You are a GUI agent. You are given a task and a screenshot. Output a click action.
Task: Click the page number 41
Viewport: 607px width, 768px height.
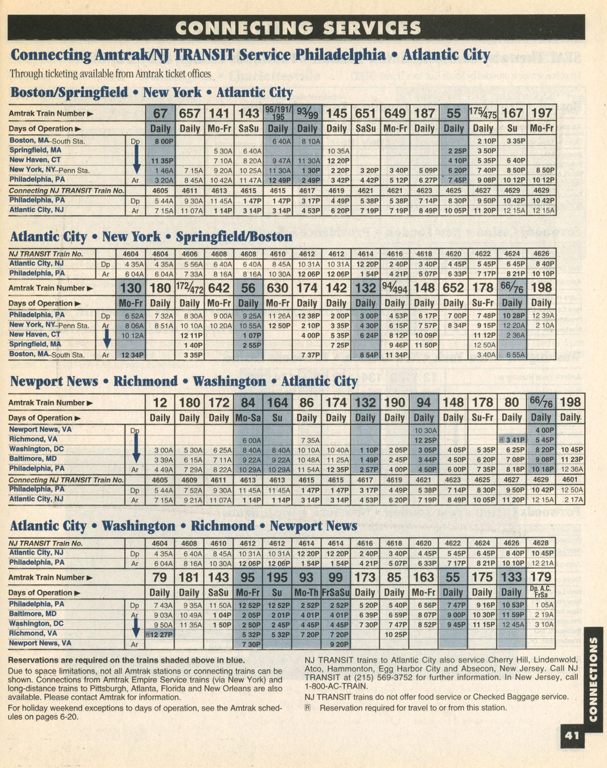(x=571, y=736)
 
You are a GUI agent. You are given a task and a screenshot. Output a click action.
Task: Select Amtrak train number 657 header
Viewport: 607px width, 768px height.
(x=190, y=113)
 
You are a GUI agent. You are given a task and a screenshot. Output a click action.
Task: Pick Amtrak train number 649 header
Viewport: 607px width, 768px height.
(x=395, y=113)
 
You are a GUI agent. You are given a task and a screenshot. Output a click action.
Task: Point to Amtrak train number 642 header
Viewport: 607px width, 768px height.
(x=219, y=288)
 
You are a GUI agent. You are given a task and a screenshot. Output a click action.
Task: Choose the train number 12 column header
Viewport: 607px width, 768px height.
(x=160, y=402)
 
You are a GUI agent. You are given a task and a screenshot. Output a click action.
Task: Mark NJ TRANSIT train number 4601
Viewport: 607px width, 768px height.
(x=570, y=480)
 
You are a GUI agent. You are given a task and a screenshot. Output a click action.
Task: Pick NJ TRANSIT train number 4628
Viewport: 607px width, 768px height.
(x=541, y=543)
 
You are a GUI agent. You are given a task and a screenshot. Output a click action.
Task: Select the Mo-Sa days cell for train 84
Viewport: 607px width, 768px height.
(x=248, y=418)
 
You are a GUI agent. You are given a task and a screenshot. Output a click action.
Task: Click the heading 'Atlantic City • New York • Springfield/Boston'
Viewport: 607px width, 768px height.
(x=151, y=237)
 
